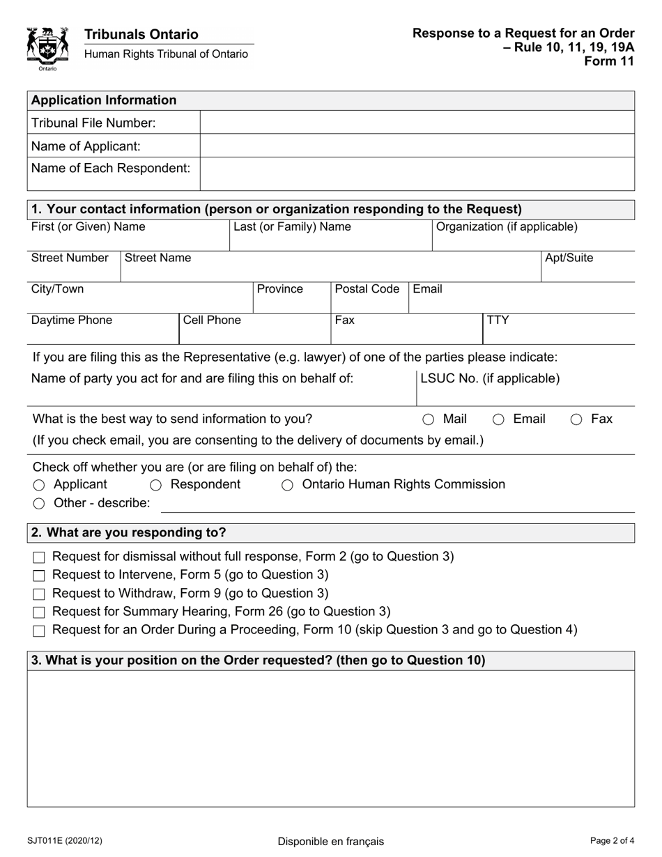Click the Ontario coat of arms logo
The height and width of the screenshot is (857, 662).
coord(47,47)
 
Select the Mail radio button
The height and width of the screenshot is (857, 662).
coord(429,419)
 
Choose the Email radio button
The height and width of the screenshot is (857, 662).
coord(499,419)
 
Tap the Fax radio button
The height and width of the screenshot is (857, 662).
coord(576,419)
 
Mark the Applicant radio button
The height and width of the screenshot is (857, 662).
coord(39,485)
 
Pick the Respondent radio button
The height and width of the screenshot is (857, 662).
coord(156,485)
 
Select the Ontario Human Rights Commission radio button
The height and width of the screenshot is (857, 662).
coord(287,485)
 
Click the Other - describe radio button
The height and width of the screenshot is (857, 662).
coord(39,504)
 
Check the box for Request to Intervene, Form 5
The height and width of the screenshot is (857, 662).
coord(39,576)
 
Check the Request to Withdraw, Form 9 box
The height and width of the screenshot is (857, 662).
coord(39,594)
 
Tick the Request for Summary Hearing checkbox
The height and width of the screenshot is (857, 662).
coord(39,612)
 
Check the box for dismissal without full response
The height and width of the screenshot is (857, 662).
coord(39,557)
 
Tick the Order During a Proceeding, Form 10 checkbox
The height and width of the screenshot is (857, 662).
coord(39,631)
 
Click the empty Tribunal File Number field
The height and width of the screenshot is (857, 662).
coord(417,123)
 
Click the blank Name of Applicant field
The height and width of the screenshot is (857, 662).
coord(417,146)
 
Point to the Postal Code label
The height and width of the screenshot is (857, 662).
coord(367,289)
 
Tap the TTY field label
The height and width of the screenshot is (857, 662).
coord(498,321)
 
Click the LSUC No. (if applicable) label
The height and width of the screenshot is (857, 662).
coord(490,378)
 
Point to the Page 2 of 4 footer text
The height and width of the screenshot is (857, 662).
coord(611,840)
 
